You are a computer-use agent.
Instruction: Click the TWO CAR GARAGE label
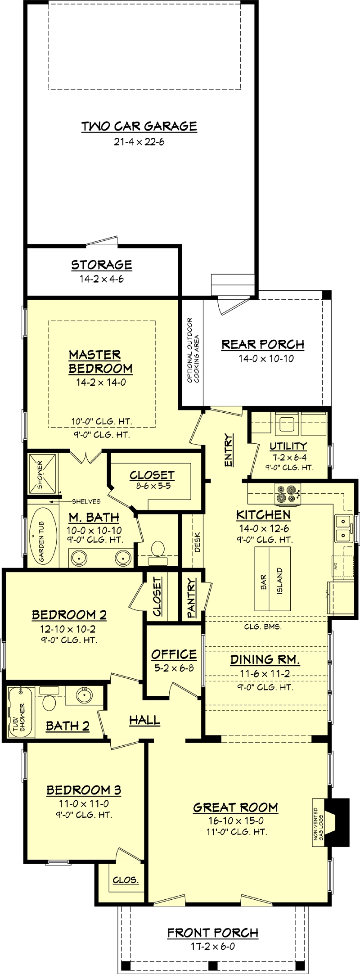(x=139, y=126)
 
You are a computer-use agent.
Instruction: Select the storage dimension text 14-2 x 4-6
(x=102, y=279)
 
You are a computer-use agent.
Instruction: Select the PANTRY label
(x=192, y=597)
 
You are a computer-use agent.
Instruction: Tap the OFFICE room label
(x=174, y=654)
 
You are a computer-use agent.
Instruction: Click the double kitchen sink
(x=343, y=528)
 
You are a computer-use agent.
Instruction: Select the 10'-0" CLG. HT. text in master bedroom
(x=101, y=421)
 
